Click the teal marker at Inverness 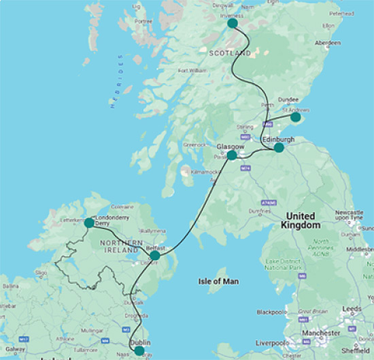point(233,23)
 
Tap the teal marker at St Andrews point(295,117)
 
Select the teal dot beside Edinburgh point(279,148)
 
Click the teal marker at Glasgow point(232,155)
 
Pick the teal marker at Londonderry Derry point(89,223)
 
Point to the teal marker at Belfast point(155,255)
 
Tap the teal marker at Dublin point(139,351)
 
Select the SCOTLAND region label point(230,52)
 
